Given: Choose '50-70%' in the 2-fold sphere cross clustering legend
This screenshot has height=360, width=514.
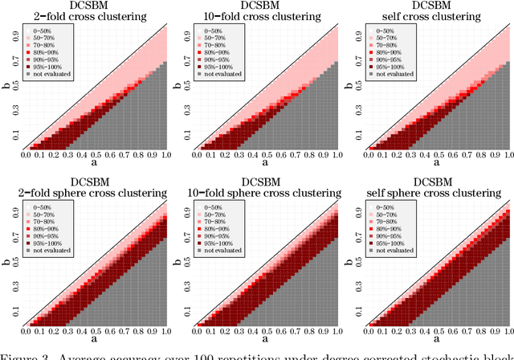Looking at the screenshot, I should point(55,215).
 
